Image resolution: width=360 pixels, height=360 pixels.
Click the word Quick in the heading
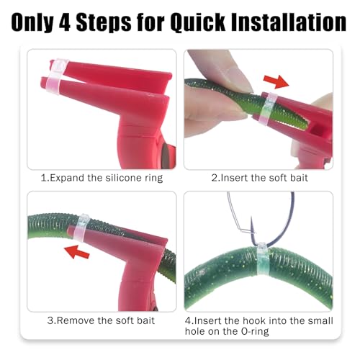point(197,22)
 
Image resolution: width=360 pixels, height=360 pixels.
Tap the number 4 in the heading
point(65,22)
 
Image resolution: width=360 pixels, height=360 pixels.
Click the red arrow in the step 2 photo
point(276,81)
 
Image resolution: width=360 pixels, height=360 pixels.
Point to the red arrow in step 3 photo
point(77,252)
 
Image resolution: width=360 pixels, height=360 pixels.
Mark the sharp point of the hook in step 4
point(251,217)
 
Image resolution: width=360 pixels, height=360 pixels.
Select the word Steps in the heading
point(104,23)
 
